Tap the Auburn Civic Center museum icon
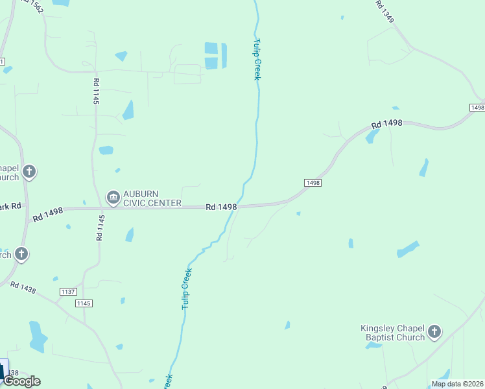pyautogui.click(x=113, y=196)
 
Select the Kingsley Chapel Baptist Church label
pyautogui.click(x=392, y=333)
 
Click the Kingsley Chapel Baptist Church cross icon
pyautogui.click(x=434, y=333)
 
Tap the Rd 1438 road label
pyautogui.click(x=24, y=289)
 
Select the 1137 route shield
pyautogui.click(x=67, y=292)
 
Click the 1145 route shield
pyautogui.click(x=84, y=303)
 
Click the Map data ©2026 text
pyautogui.click(x=457, y=384)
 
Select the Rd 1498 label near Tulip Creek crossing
pyautogui.click(x=222, y=207)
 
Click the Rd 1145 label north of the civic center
pyautogui.click(x=96, y=91)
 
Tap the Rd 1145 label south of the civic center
pyautogui.click(x=100, y=228)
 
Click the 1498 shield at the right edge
pyautogui.click(x=477, y=107)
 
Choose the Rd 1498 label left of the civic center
pyautogui.click(x=48, y=211)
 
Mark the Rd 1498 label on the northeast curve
pyautogui.click(x=387, y=123)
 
